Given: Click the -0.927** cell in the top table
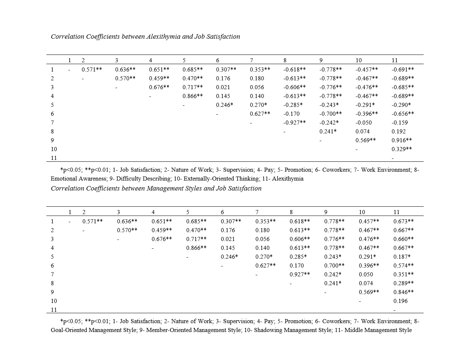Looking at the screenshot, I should pyautogui.click(x=294, y=123).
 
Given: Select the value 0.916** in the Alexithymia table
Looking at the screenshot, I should pyautogui.click(x=402, y=140).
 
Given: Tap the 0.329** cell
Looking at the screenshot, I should pyautogui.click(x=402, y=149).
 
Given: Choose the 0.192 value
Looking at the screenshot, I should pyautogui.click(x=399, y=132).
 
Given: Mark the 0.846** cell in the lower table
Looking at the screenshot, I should pyautogui.click(x=403, y=292).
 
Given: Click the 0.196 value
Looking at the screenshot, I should pyautogui.click(x=400, y=301).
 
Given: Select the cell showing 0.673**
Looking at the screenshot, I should pyautogui.click(x=403, y=221).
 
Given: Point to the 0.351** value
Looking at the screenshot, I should pyautogui.click(x=403, y=275).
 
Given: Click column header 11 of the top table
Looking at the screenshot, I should pyautogui.click(x=395, y=60).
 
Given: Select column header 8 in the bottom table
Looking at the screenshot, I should pyautogui.click(x=291, y=212).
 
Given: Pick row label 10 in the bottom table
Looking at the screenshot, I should pyautogui.click(x=54, y=301).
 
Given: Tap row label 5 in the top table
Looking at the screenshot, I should pyautogui.click(x=52, y=105).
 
